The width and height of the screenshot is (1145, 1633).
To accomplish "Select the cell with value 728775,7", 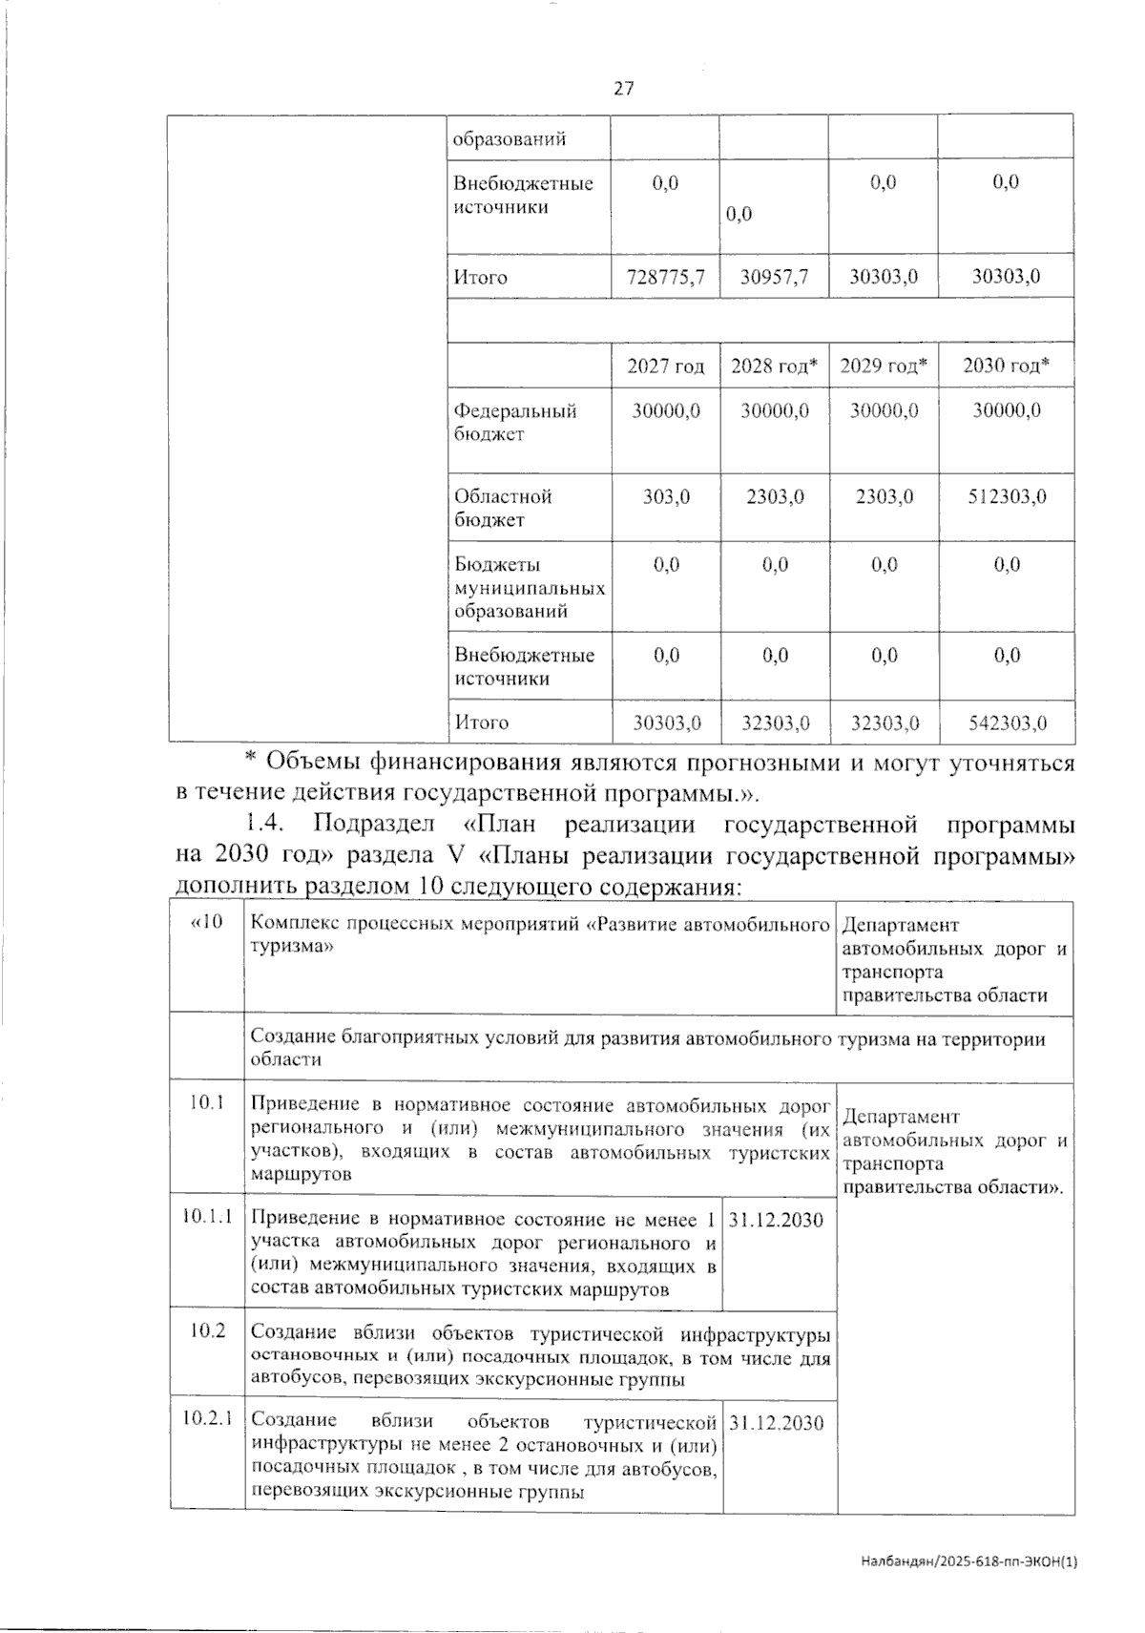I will pyautogui.click(x=665, y=278).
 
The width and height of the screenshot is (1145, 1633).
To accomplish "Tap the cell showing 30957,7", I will pyautogui.click(x=774, y=278).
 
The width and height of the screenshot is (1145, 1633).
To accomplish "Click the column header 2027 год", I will pyautogui.click(x=665, y=366).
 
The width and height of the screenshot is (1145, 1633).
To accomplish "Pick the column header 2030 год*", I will pyautogui.click(x=1006, y=366).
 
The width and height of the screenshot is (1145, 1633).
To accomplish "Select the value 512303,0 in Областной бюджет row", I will pyautogui.click(x=1007, y=497).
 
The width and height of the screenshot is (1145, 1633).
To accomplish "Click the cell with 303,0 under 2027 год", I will pyautogui.click(x=666, y=497).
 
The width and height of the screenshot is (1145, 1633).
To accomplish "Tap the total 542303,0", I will pyautogui.click(x=1007, y=723).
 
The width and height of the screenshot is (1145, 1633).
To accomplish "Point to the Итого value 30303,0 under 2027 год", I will pyautogui.click(x=666, y=723).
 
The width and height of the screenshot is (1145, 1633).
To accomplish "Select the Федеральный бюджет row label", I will pyautogui.click(x=515, y=423).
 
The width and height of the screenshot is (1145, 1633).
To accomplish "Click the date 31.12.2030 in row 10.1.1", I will pyautogui.click(x=776, y=1220).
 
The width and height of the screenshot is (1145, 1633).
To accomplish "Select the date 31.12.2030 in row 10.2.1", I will pyautogui.click(x=776, y=1422).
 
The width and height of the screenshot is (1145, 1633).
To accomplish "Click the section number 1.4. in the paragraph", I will pyautogui.click(x=262, y=824).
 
